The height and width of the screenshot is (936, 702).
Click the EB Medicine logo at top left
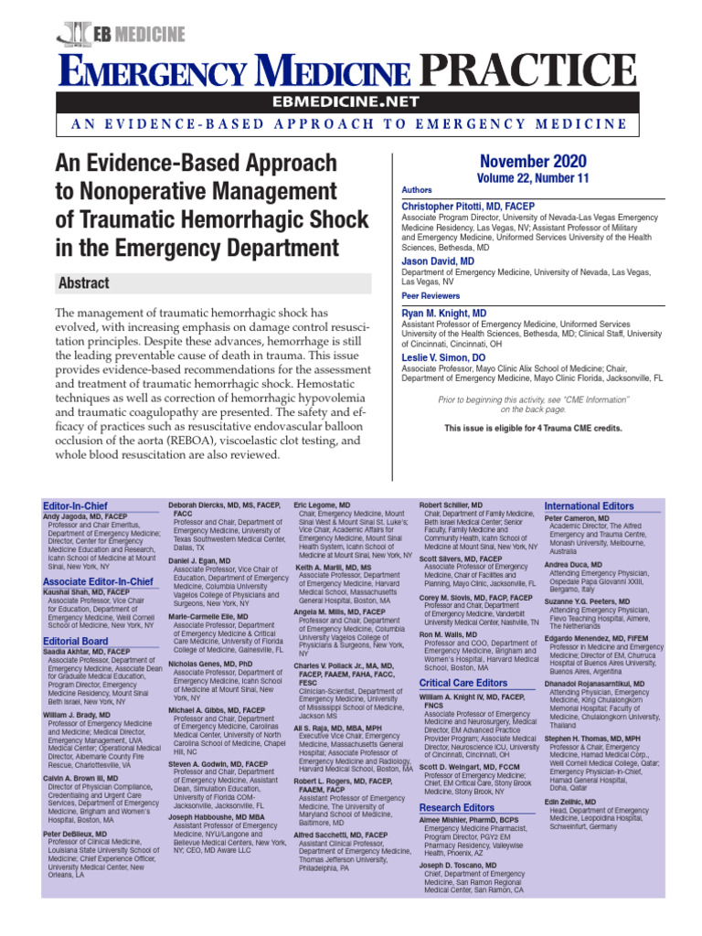(x=121, y=35)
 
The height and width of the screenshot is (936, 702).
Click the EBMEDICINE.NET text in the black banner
(x=350, y=101)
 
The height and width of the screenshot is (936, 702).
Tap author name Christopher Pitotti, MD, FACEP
(x=468, y=207)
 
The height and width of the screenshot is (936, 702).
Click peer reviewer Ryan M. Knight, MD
(x=443, y=314)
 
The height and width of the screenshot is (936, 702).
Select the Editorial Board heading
(x=76, y=642)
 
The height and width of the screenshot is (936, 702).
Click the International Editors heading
(x=589, y=505)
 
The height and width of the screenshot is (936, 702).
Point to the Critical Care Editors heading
(x=463, y=683)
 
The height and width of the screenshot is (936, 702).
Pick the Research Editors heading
(x=456, y=782)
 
